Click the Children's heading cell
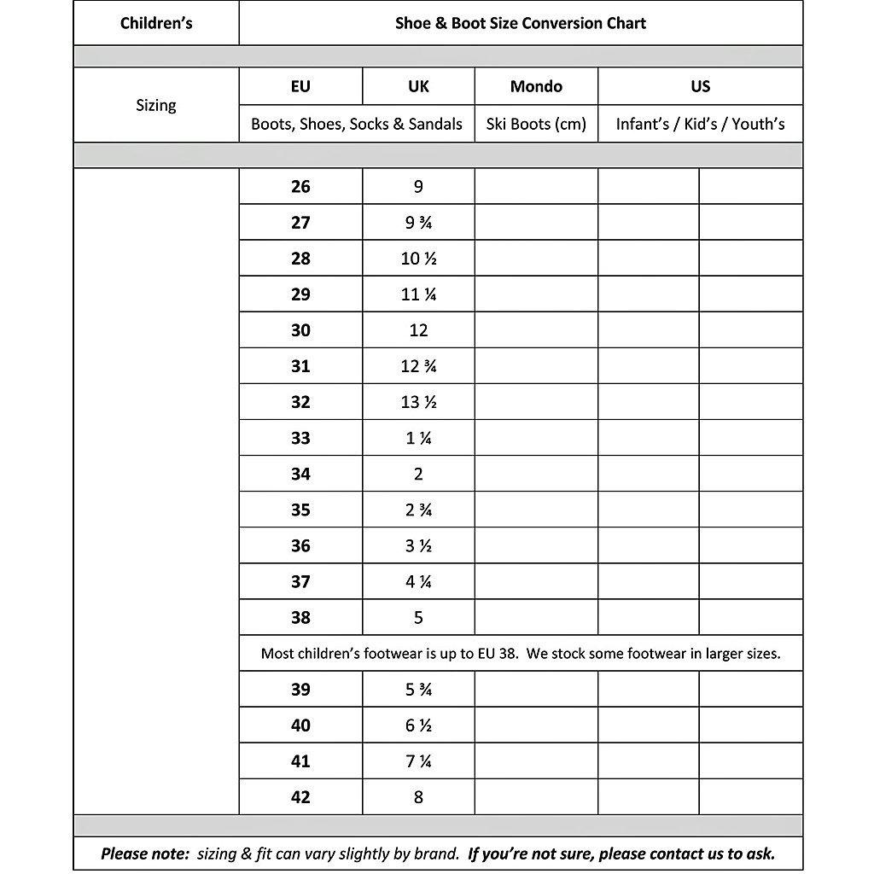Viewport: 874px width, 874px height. click(156, 23)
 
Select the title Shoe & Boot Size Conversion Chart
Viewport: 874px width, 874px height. click(520, 23)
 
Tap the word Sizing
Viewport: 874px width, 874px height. click(156, 105)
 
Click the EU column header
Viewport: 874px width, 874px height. click(300, 86)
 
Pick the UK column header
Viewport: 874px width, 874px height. click(418, 86)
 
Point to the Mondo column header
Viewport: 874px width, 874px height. click(536, 86)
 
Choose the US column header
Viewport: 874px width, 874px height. click(700, 86)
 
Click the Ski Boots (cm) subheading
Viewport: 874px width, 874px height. click(536, 124)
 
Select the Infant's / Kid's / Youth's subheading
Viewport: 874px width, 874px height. click(700, 124)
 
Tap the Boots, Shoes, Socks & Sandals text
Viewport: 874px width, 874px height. click(357, 124)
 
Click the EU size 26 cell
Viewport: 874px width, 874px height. click(300, 186)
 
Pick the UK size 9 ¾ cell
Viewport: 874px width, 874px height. click(418, 223)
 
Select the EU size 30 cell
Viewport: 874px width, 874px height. click(300, 330)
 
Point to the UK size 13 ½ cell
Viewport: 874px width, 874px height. click(418, 402)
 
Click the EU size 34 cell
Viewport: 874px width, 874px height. click(300, 474)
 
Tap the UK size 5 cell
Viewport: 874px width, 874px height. click(418, 617)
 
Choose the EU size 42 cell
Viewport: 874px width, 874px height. click(300, 797)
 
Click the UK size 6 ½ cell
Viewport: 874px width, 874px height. click(418, 725)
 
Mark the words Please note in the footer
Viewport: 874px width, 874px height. click(143, 854)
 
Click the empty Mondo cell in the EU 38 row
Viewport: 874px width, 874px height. click(536, 617)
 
